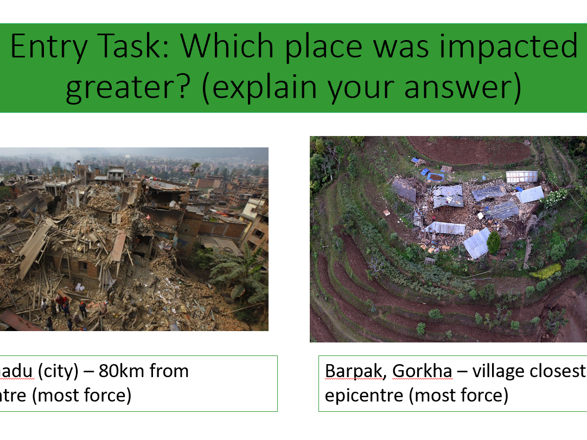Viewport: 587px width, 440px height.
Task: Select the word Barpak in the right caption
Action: coord(355,372)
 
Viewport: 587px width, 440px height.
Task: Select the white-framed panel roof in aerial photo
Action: coord(521,177)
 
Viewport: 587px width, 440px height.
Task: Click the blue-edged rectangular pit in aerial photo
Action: coord(436,177)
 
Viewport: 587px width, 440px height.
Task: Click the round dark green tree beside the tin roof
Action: coord(494,243)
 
